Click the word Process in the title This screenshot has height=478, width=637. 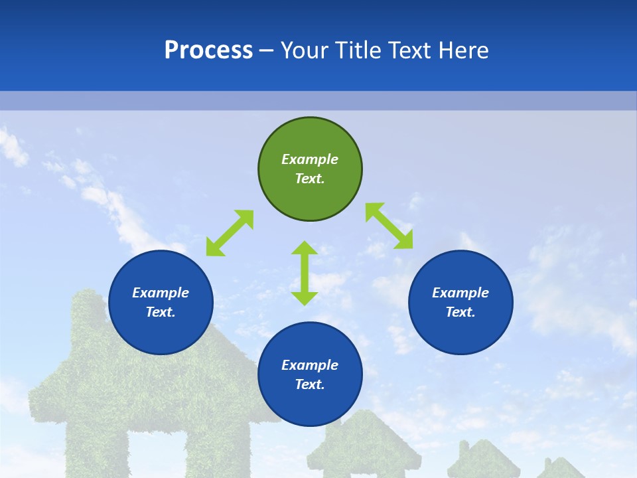208,50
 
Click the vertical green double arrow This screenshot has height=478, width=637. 305,273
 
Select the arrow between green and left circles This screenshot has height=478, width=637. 230,233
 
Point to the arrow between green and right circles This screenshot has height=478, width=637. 389,226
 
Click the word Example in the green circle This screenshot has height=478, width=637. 310,159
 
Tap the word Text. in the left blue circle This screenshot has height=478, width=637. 161,312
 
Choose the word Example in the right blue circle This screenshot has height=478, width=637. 460,293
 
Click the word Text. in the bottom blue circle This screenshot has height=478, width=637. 310,384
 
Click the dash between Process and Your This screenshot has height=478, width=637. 266,50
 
